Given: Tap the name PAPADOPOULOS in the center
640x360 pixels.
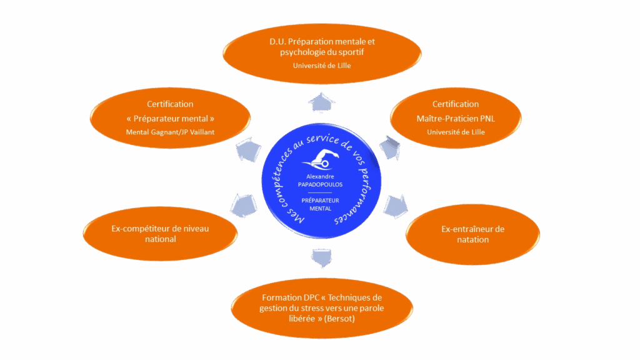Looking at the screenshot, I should tap(320, 184).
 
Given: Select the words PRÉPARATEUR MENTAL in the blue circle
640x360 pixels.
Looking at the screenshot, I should tap(320, 204).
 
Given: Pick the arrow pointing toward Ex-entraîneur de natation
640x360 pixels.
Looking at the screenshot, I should tap(394, 204).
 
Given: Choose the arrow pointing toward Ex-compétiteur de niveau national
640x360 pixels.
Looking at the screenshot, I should tap(244, 204).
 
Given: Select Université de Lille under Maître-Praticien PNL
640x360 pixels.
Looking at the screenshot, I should tap(456, 132).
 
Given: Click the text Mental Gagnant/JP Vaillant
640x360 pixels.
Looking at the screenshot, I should tap(170, 132).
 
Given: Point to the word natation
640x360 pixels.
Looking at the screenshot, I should tap(472, 239).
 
